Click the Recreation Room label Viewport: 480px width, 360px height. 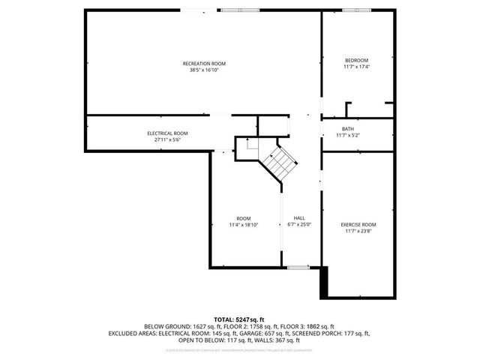(204, 63)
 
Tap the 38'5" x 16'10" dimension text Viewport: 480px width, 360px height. (204, 70)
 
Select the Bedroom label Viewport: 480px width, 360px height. (356, 60)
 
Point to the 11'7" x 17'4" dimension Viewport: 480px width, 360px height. (356, 67)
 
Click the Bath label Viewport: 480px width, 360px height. (348, 129)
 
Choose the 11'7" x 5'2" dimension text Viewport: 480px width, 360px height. (348, 136)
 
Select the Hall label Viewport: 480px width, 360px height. (299, 217)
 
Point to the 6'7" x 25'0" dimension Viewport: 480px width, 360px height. (299, 224)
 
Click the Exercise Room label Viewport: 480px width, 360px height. (358, 224)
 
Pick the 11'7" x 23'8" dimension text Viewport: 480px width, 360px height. (358, 231)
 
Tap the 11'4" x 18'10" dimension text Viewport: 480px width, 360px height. (243, 224)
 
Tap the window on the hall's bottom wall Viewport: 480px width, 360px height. (298, 267)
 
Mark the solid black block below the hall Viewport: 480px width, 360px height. (324, 283)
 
